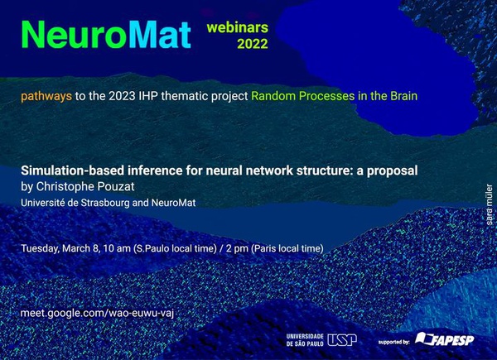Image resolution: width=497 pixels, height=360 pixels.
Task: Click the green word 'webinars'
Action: tap(238, 27)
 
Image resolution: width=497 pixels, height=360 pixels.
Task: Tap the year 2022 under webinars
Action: tap(253, 44)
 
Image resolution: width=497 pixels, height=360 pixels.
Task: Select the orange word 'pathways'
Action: tap(46, 96)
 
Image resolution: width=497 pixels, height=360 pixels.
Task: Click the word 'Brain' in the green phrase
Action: tap(404, 96)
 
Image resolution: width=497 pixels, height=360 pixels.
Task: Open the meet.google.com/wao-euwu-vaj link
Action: tap(97, 313)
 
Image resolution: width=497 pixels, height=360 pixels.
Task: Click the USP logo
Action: tap(342, 340)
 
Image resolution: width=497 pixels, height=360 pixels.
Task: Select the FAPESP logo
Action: tap(445, 338)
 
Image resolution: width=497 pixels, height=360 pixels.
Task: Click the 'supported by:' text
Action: tap(394, 343)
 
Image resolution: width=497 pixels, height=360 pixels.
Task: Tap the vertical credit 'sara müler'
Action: tap(490, 204)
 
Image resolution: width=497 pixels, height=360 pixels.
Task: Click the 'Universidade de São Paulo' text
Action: tap(305, 340)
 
